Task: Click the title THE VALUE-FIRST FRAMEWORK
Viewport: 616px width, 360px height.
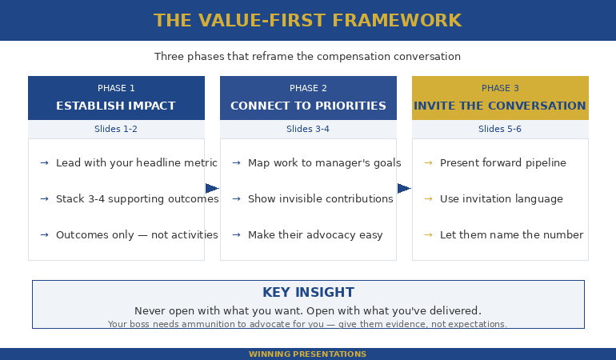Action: click(x=307, y=21)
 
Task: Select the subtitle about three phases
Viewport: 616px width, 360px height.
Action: click(x=307, y=57)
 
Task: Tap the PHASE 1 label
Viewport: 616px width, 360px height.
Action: click(x=116, y=89)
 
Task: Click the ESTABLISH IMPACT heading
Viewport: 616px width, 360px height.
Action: click(x=116, y=106)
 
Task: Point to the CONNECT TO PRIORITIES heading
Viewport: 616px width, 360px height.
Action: click(x=308, y=106)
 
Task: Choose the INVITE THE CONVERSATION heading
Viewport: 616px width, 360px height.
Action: click(x=500, y=106)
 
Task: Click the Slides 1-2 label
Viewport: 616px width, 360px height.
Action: click(x=116, y=129)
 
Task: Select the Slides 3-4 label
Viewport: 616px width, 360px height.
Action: click(x=308, y=129)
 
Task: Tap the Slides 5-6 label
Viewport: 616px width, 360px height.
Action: click(x=500, y=129)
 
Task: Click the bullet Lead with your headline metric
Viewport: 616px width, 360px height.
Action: click(x=136, y=163)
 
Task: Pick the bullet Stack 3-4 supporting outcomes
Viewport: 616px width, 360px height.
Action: click(x=137, y=199)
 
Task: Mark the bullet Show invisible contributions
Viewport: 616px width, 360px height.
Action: click(x=320, y=199)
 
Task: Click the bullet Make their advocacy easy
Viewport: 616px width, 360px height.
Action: click(x=315, y=235)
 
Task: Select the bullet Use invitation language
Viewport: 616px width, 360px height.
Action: click(x=501, y=199)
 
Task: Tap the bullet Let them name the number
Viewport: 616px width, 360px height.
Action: click(x=511, y=235)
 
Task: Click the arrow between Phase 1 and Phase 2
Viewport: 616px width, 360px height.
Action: click(x=212, y=189)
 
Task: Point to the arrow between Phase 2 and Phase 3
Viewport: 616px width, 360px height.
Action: click(x=404, y=189)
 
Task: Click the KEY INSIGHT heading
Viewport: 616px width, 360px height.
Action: click(x=308, y=293)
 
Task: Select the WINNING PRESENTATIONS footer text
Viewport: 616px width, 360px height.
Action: click(x=307, y=354)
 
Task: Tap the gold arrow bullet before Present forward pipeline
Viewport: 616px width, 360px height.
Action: click(x=428, y=163)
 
